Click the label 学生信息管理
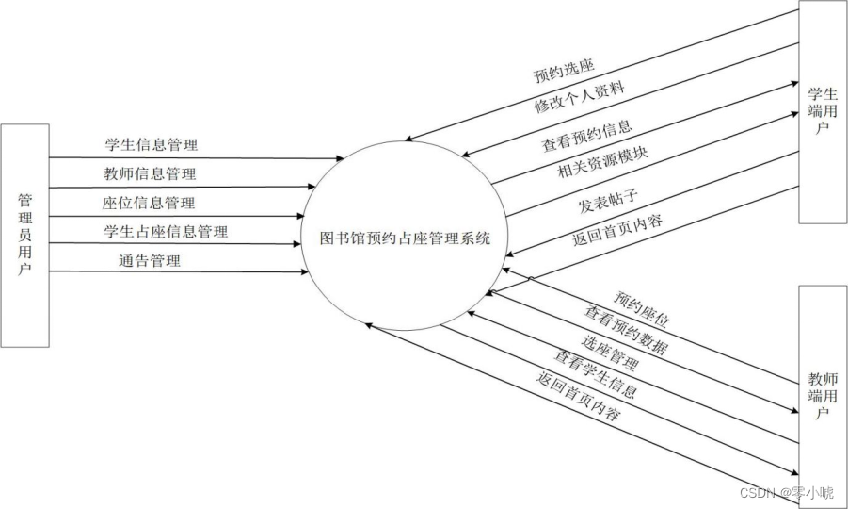(151, 145)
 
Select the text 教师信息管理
(151, 173)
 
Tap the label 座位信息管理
(151, 202)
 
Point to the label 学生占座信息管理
(165, 230)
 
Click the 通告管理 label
(150, 259)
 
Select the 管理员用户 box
(24, 235)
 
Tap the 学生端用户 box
(822, 113)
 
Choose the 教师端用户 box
(822, 396)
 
